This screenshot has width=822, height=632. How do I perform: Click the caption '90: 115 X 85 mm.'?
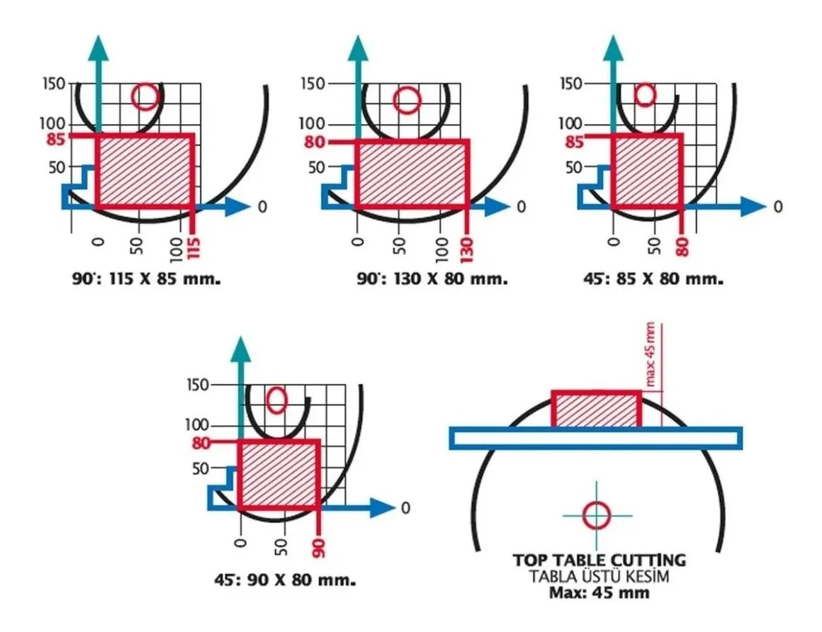click(146, 278)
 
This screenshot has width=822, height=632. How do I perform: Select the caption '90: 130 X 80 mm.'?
click(432, 278)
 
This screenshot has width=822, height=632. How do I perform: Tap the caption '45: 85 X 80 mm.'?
click(653, 278)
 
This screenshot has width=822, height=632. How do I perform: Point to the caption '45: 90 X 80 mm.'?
click(285, 580)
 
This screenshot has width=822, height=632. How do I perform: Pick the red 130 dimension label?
click(466, 249)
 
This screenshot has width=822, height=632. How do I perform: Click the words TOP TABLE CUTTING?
click(599, 560)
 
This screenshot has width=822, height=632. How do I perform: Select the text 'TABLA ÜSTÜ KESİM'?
click(599, 577)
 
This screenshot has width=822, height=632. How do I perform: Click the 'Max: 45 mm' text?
click(599, 593)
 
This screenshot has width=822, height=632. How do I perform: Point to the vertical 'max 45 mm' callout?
click(651, 354)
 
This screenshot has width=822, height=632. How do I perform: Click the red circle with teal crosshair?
click(597, 516)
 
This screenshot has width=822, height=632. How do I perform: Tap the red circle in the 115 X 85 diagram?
click(145, 97)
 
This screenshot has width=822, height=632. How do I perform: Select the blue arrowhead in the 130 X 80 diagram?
click(497, 206)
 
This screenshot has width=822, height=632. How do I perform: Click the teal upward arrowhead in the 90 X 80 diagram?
click(241, 349)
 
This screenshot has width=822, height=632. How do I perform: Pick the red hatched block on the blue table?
click(597, 409)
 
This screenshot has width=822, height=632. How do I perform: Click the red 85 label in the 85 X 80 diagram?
click(575, 142)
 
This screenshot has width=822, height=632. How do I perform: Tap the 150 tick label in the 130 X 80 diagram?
click(313, 84)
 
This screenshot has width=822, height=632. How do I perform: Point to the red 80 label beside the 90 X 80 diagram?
click(201, 444)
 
